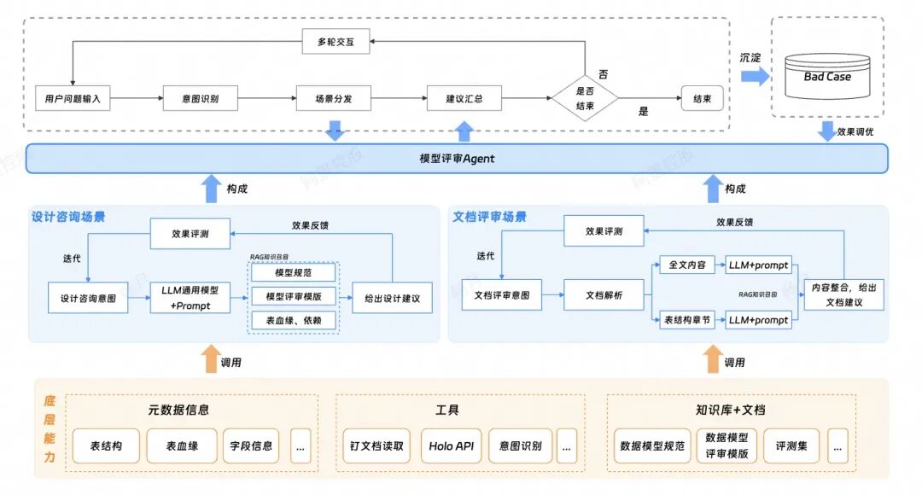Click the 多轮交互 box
point(336,41)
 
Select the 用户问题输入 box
point(73,99)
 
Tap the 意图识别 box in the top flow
point(201,99)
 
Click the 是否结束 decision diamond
point(585,99)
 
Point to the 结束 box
point(702,99)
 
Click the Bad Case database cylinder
point(826,78)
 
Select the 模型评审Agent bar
point(457,159)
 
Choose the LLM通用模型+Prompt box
point(190,298)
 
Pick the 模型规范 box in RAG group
point(294,273)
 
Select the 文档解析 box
point(604,295)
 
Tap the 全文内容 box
point(685,265)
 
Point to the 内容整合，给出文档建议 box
point(843,295)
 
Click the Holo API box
point(452,446)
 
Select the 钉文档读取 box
point(376,446)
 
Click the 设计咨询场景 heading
point(68,218)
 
